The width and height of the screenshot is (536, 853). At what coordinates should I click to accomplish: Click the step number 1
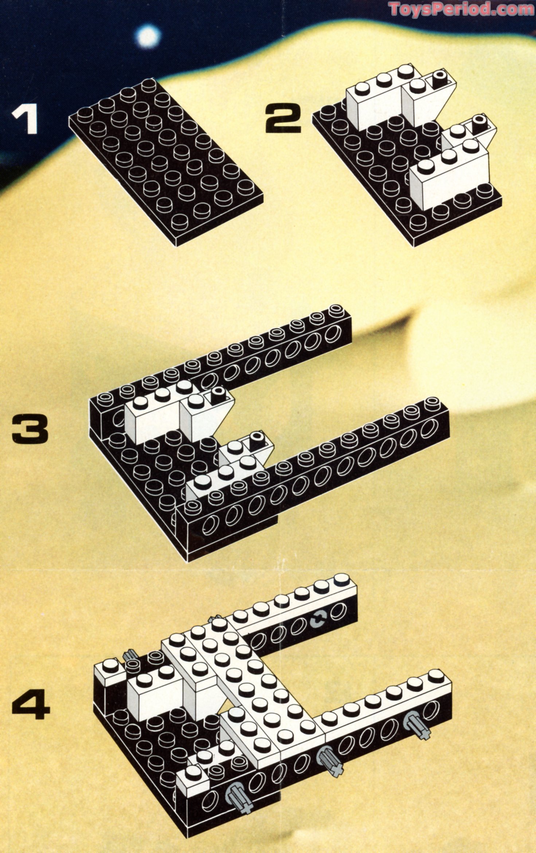coord(25,118)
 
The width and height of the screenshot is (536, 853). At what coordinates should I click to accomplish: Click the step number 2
coord(283,119)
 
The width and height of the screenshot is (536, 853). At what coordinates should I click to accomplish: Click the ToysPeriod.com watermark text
coord(461,9)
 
